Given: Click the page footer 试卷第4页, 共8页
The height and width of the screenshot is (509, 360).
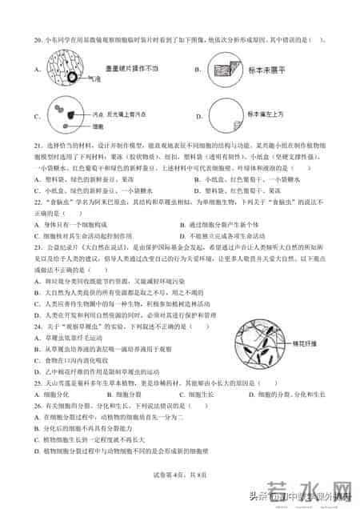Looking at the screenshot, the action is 180,475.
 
